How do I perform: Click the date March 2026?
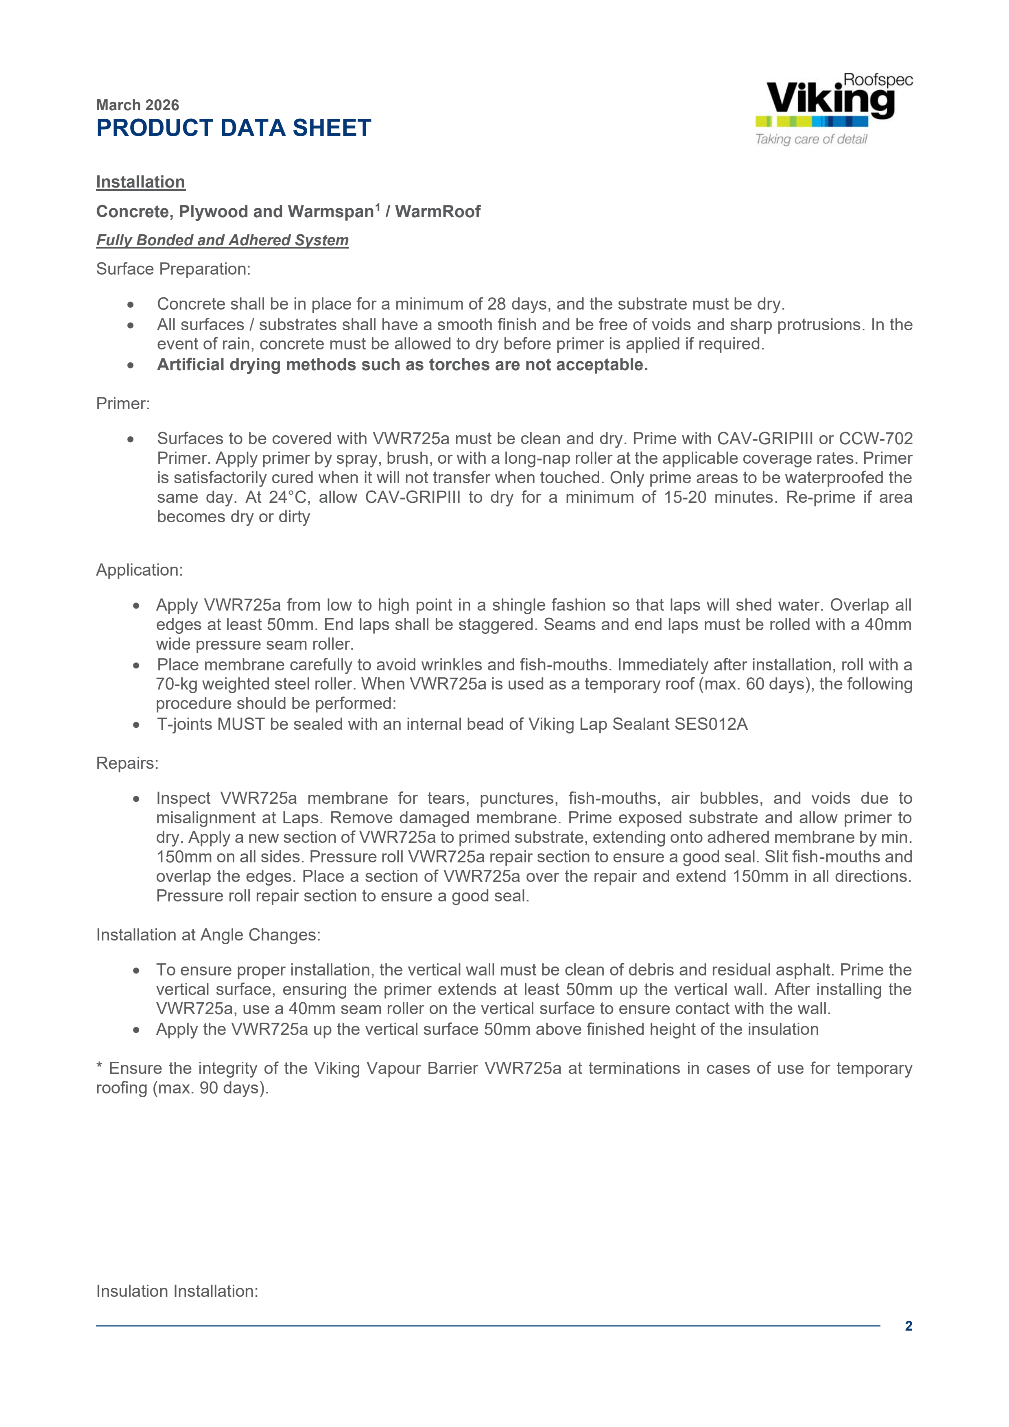coord(138,105)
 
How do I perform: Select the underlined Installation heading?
coord(140,182)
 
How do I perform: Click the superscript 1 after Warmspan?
coord(378,206)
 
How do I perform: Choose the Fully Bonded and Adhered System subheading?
coord(222,240)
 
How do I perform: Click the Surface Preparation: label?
coord(173,269)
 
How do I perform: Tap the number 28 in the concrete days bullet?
coord(496,304)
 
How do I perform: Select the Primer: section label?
coord(123,404)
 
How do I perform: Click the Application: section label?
coord(139,570)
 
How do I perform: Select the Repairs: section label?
coord(127,763)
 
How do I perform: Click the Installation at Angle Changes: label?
coord(208,935)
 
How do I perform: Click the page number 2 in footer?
coord(908,1326)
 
